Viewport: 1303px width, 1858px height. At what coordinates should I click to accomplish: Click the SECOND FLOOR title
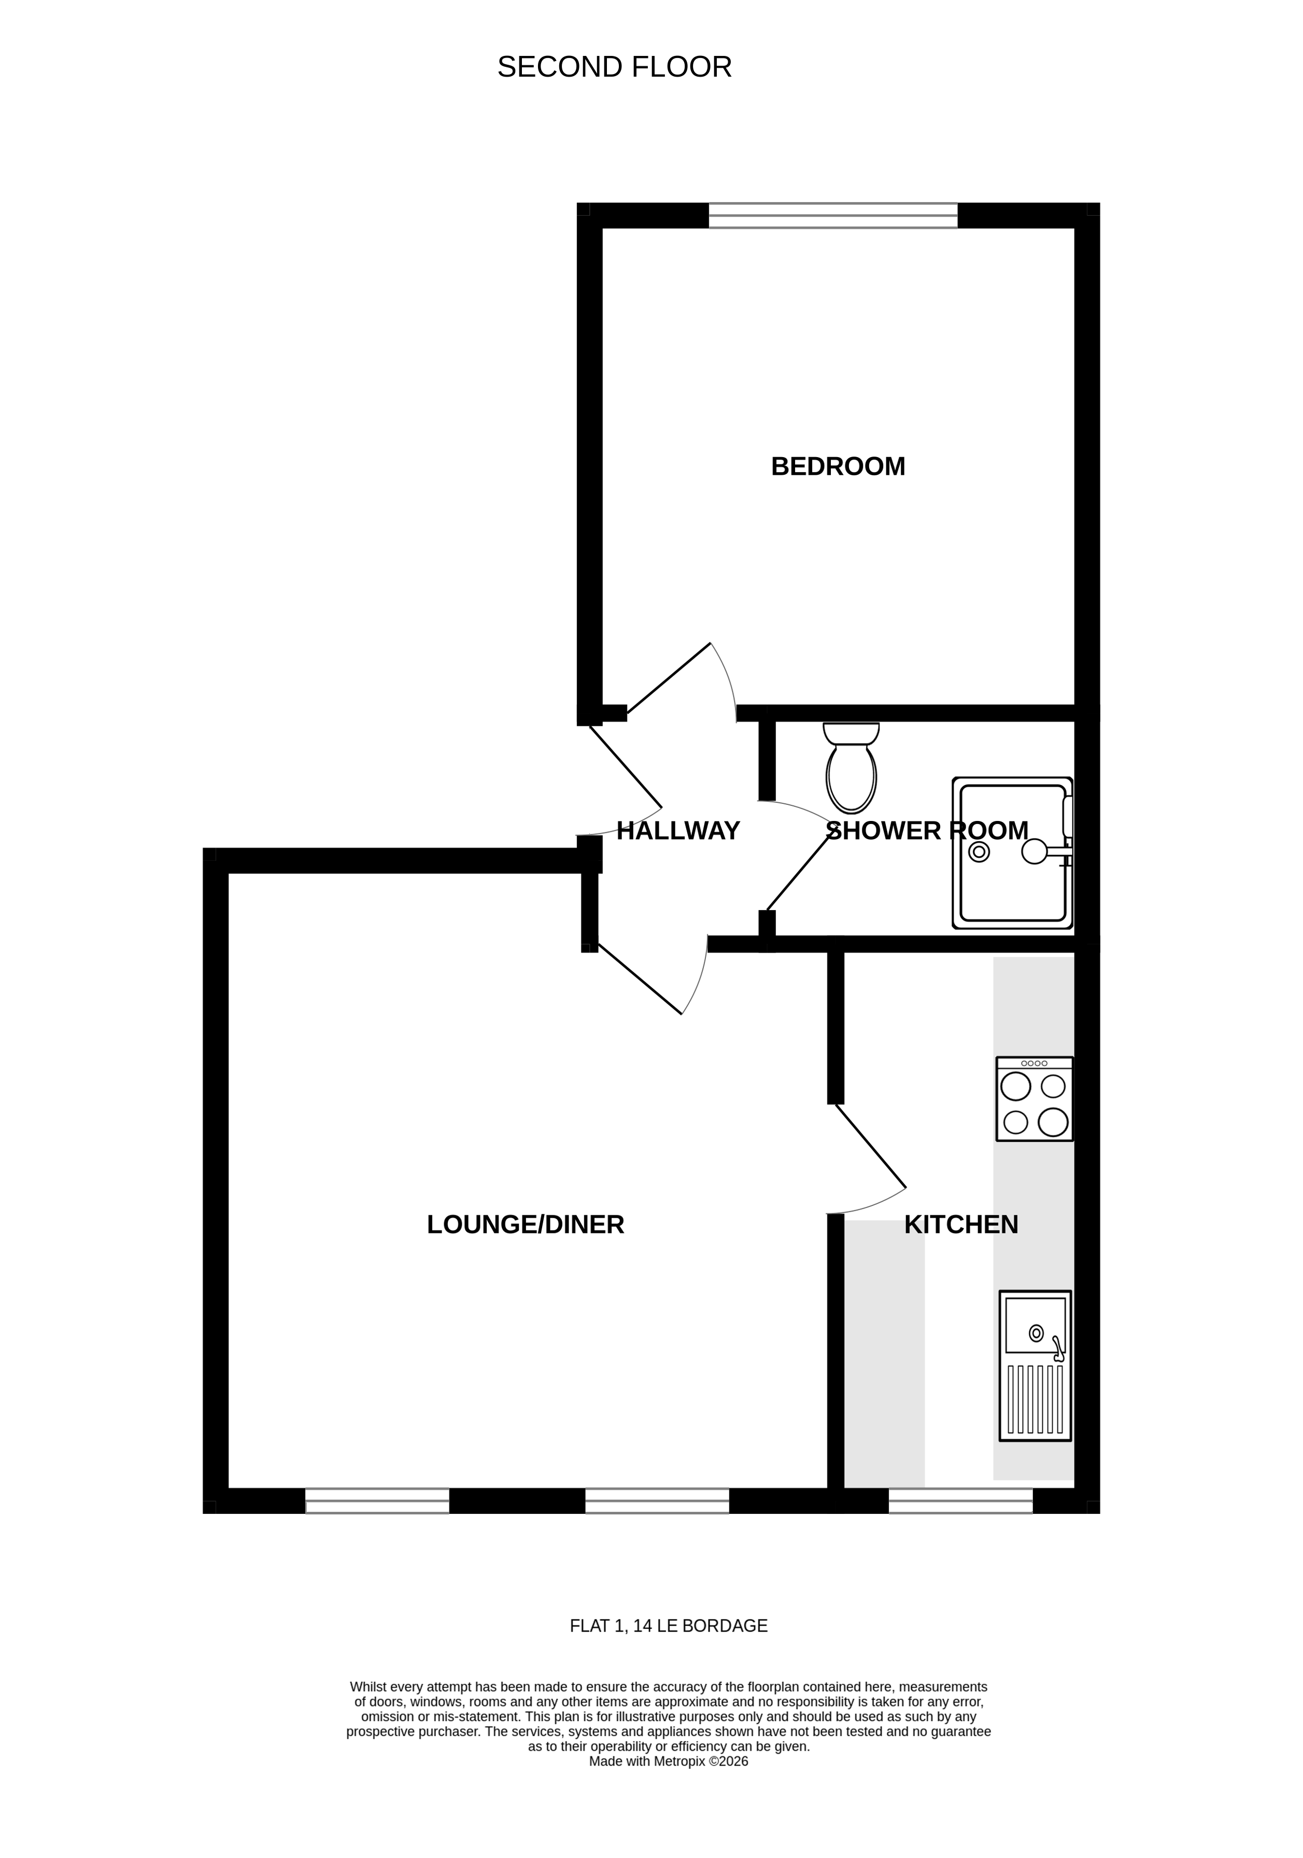(x=614, y=67)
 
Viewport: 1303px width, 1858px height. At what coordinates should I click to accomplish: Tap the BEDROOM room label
(x=838, y=467)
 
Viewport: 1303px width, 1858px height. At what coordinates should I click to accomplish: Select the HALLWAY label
(x=678, y=831)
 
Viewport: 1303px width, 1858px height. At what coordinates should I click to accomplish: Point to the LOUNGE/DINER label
(x=525, y=1225)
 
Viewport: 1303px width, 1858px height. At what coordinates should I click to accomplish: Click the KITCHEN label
(x=960, y=1225)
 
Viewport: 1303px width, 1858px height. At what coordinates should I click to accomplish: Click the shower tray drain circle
(x=979, y=852)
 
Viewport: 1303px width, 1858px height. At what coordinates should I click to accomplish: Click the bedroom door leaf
(x=669, y=678)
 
